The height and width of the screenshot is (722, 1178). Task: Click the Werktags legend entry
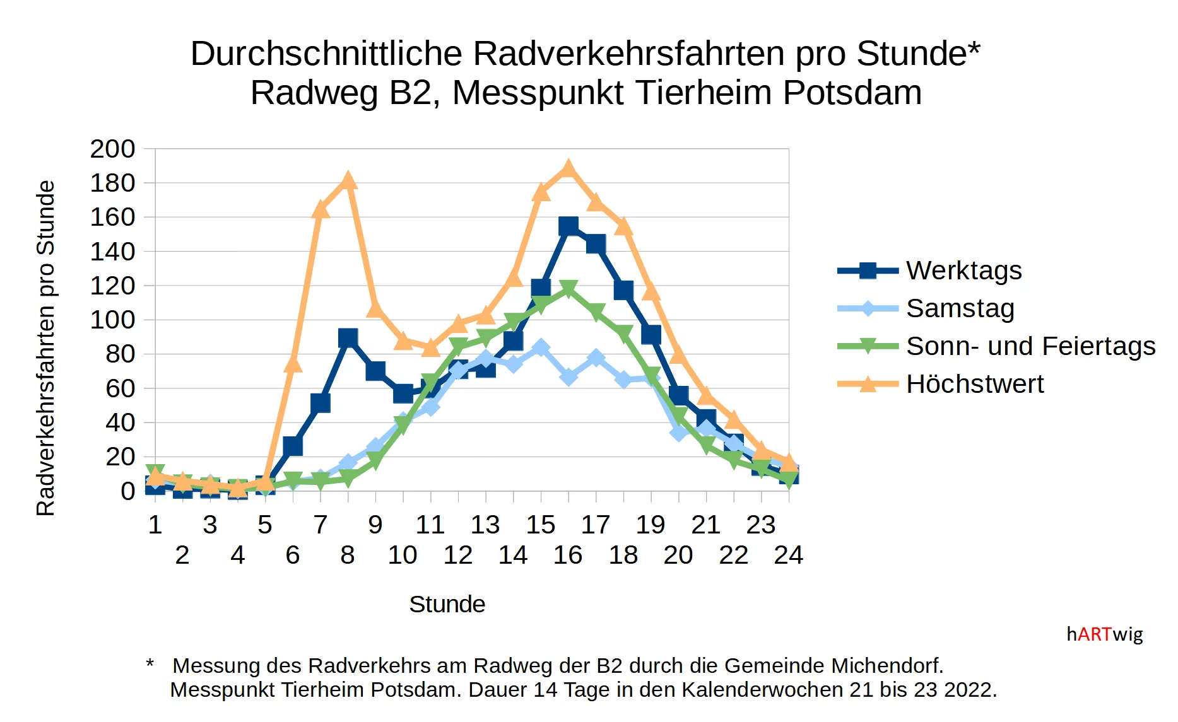tap(963, 271)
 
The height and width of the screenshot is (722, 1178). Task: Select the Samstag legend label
tap(960, 308)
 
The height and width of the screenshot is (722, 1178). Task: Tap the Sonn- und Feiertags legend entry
tap(1030, 346)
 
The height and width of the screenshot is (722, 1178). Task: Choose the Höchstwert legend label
tap(974, 384)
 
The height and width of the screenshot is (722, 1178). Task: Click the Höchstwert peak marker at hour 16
tap(568, 169)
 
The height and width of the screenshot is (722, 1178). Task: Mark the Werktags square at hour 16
tap(568, 226)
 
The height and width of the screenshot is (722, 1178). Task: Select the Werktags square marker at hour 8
tap(348, 339)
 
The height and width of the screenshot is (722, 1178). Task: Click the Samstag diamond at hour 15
tap(541, 348)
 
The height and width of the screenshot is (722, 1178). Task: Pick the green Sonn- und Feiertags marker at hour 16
tap(568, 289)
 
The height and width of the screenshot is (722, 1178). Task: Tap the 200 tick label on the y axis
tap(113, 149)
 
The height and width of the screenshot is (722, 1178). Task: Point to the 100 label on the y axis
tap(113, 320)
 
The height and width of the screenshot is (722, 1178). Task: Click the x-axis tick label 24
tap(788, 555)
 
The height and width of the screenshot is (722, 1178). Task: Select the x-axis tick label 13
tap(485, 525)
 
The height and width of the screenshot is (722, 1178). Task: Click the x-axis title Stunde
tap(447, 604)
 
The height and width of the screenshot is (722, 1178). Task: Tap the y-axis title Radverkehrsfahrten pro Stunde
tap(46, 348)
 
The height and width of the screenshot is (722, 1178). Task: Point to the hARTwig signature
tap(1104, 634)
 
